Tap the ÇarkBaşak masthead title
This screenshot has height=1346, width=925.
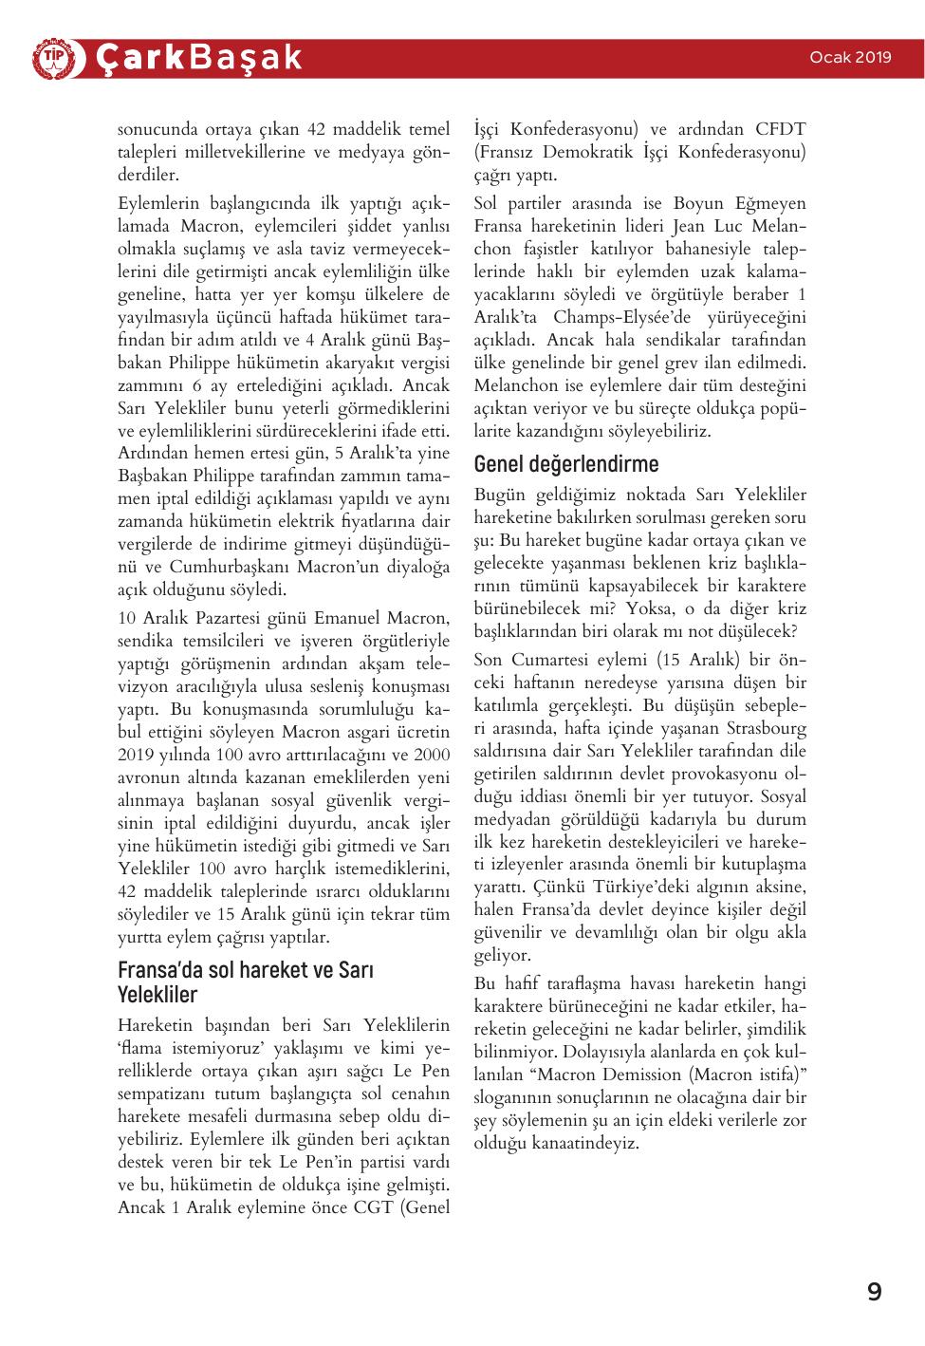click(198, 58)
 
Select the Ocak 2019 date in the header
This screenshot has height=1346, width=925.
click(850, 57)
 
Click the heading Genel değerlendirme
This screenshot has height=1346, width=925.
click(566, 464)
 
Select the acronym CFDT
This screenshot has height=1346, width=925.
click(781, 129)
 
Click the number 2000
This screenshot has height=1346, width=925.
click(433, 756)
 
